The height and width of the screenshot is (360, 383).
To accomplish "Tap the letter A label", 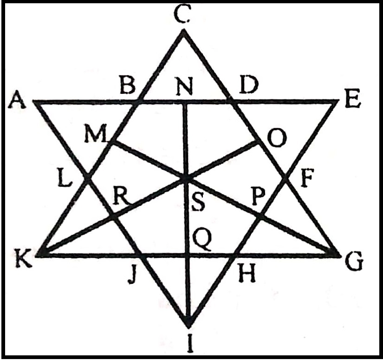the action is pyautogui.click(x=18, y=99).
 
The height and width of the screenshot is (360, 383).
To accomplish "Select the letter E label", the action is pyautogui.click(x=352, y=99).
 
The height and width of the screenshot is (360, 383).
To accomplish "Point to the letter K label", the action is pyautogui.click(x=24, y=258).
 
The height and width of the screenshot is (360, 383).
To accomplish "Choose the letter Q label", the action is pyautogui.click(x=202, y=242).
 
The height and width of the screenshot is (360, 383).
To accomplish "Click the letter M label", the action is pyautogui.click(x=96, y=134).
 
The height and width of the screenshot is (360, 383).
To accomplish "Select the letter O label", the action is pyautogui.click(x=276, y=138).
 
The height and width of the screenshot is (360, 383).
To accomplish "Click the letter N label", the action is pyautogui.click(x=185, y=86).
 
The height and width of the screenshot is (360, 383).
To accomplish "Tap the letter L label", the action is pyautogui.click(x=65, y=179).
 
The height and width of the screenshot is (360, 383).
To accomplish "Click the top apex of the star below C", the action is pyautogui.click(x=183, y=30).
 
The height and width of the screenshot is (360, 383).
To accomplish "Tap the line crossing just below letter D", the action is pyautogui.click(x=231, y=101).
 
